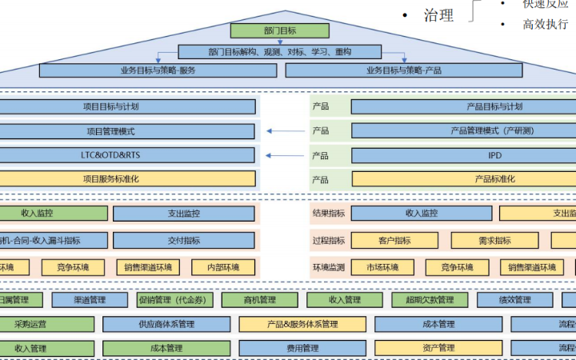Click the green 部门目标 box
click(279, 31)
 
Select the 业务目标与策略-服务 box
click(158, 70)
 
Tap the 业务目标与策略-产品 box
click(403, 70)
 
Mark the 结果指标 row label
click(329, 214)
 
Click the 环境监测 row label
click(329, 267)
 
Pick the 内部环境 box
click(225, 267)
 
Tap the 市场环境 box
click(384, 267)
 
